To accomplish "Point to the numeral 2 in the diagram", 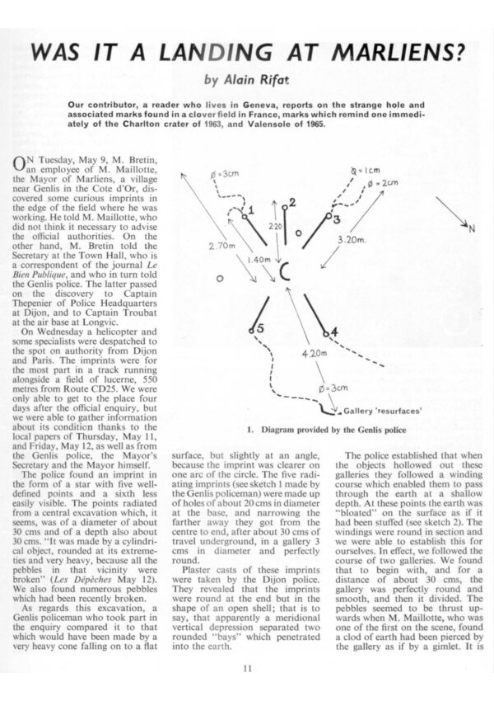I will [292, 202].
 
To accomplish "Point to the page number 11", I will [246, 670].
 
